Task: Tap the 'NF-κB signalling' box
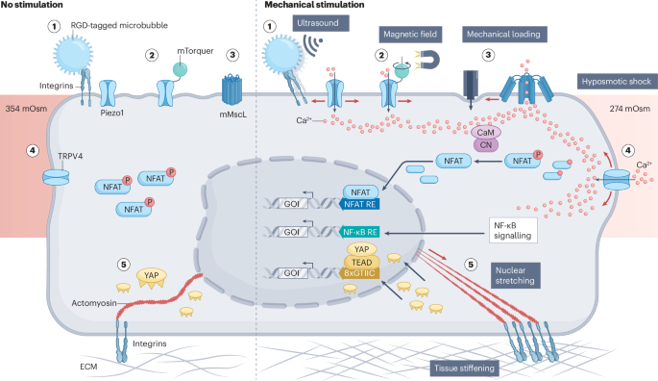510,228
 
